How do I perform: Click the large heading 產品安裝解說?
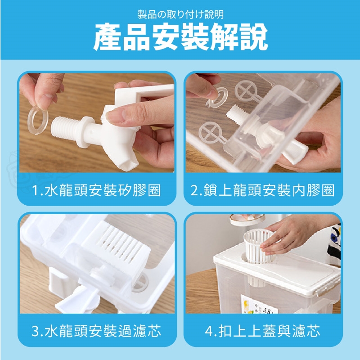[x=180, y=37]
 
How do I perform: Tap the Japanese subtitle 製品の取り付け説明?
[x=180, y=14]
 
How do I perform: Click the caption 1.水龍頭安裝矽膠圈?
[x=96, y=190]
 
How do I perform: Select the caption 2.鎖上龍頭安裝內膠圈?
[x=262, y=190]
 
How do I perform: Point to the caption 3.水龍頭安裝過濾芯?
[x=96, y=331]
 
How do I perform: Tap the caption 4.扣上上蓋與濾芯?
[x=262, y=331]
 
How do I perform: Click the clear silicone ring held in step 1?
[x=38, y=120]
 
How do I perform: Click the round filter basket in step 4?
[x=258, y=246]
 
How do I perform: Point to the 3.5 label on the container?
[x=267, y=310]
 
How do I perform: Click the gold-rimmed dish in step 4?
[x=247, y=220]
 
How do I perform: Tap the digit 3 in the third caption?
[x=36, y=331]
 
